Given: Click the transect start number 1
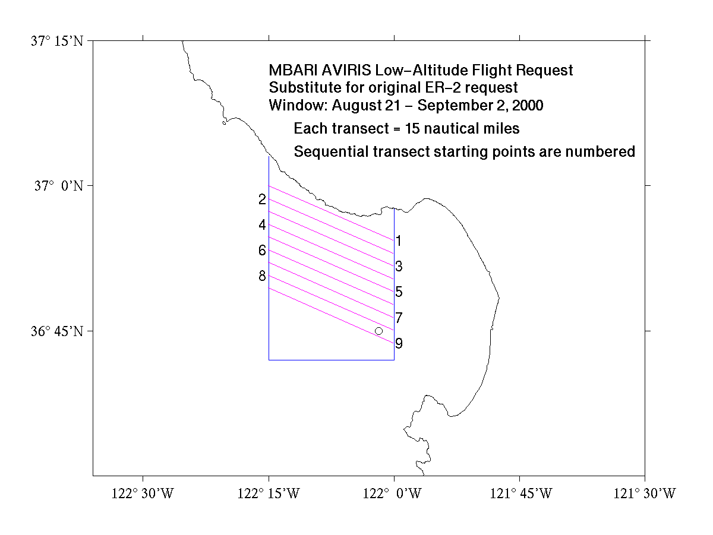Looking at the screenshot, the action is point(399,241).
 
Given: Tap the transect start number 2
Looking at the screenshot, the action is point(262,199).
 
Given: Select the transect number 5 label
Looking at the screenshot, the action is point(399,292).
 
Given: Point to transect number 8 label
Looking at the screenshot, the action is point(262,276).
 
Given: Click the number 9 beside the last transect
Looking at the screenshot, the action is point(399,343).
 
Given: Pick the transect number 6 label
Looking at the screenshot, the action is point(262,251).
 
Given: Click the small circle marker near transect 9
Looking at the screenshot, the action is point(378,331).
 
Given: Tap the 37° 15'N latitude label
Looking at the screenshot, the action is point(57,41).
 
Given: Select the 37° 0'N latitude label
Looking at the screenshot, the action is point(59,186).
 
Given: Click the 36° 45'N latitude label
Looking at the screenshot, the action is point(57,331).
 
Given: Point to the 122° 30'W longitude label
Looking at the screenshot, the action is point(143,493).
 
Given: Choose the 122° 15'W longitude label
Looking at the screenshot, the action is point(269,493).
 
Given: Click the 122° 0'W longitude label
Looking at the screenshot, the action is point(392,493).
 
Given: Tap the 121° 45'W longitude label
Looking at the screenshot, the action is point(520,493).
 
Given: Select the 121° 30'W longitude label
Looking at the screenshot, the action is point(645,493).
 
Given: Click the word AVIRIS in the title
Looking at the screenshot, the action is point(346,71).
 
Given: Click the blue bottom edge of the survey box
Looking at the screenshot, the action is point(332,360).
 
